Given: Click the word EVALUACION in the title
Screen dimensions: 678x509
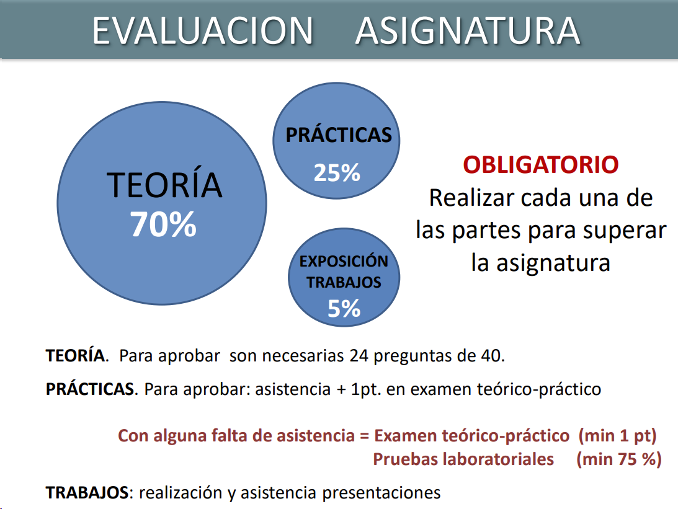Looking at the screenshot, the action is click(202, 30).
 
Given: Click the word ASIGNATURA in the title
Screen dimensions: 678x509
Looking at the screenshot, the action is click(468, 30).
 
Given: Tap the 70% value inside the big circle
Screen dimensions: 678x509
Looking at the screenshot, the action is click(163, 224).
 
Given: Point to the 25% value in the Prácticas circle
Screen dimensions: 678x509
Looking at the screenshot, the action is click(337, 173).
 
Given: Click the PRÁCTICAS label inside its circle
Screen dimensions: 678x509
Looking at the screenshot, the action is click(339, 135).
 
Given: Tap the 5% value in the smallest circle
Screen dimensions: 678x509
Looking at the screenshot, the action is click(344, 309).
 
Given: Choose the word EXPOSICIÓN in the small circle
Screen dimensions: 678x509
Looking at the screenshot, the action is click(344, 261).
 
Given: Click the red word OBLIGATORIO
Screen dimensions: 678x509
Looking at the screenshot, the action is click(541, 165).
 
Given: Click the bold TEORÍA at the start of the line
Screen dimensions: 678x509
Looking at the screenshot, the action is click(75, 355).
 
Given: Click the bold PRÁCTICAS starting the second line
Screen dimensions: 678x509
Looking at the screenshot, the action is click(91, 389).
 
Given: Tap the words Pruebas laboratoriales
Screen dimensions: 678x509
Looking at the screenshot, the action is click(463, 459).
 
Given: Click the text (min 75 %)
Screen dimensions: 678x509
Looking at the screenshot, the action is click(619, 459).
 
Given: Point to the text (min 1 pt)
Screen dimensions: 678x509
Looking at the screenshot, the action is click(617, 436).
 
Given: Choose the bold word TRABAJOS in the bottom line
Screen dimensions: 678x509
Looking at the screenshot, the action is click(87, 493).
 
